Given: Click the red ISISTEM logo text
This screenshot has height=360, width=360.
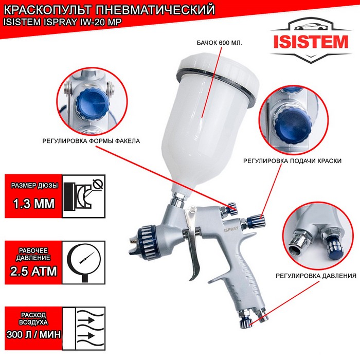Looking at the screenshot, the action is tap(311, 42).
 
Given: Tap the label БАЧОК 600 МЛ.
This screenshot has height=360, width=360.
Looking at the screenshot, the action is tap(219, 43).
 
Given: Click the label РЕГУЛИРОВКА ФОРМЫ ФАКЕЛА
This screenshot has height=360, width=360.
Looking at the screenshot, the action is tap(91, 141).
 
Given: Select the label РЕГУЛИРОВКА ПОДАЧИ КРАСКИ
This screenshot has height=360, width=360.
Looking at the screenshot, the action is tap(292, 160).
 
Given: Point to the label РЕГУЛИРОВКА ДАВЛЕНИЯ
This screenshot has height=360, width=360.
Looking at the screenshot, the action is tap(316, 276).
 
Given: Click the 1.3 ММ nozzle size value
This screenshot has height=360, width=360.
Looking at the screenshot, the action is tap(34, 204).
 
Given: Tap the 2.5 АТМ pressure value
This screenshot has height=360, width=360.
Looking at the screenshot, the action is tap(33, 271).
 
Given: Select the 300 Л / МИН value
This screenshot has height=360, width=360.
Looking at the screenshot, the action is tap(33, 334).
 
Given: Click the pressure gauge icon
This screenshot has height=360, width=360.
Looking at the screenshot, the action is tap(83, 262).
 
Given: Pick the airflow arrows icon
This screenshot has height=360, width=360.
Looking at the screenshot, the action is tap(90, 328).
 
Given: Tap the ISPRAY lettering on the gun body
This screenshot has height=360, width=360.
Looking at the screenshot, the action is tap(231, 228).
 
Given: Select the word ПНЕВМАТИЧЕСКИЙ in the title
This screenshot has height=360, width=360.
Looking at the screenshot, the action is tap(155, 10).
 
